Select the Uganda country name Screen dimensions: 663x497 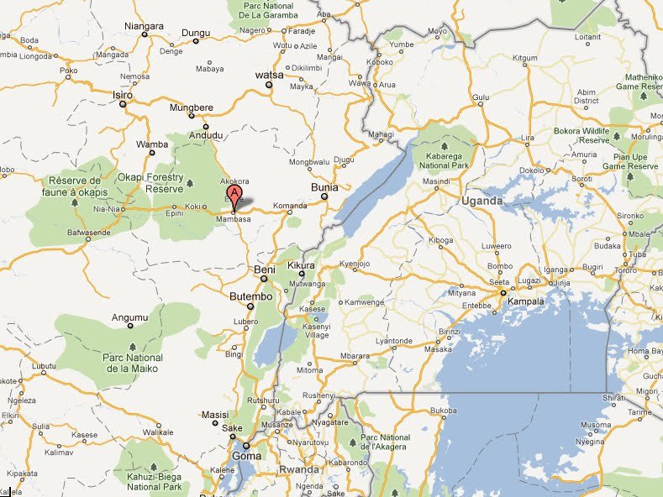click(x=481, y=201)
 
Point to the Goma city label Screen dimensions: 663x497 click(x=246, y=456)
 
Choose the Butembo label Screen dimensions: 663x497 click(x=250, y=297)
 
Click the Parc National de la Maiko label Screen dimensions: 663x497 click(x=133, y=363)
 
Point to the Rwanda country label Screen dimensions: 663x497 click(x=299, y=469)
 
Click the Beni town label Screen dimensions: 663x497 click(x=264, y=269)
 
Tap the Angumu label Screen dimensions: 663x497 click(x=130, y=317)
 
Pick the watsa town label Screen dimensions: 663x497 click(x=270, y=75)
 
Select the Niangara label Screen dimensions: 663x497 click(x=143, y=26)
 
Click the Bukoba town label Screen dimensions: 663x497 click(x=441, y=411)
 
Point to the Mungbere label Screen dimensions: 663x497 click(x=191, y=107)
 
